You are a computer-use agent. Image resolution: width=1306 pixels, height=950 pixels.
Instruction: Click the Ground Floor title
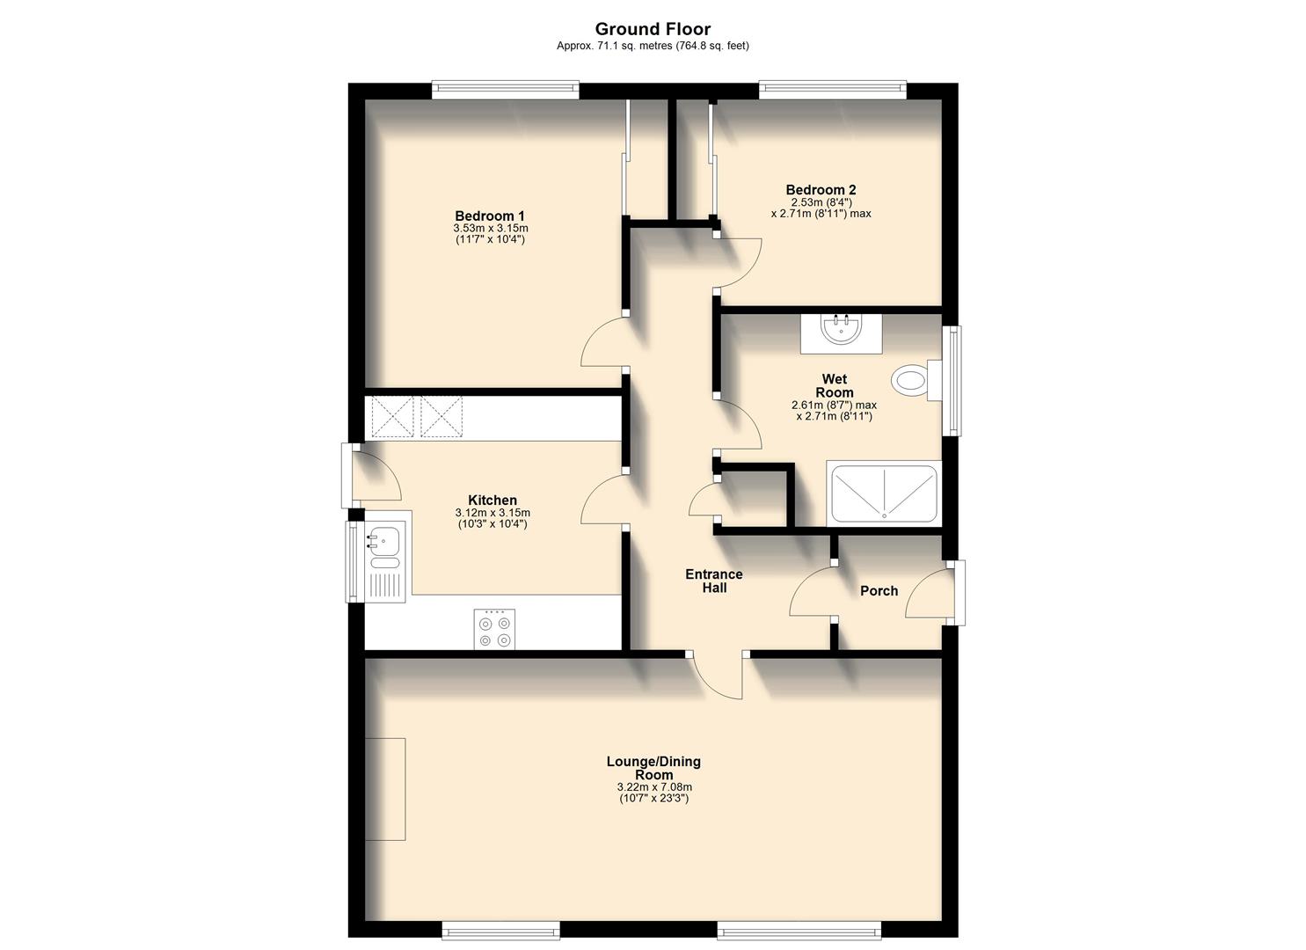(653, 29)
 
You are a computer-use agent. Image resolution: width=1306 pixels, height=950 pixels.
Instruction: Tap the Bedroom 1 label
(490, 216)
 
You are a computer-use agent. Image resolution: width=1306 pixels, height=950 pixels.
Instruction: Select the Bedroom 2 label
(821, 190)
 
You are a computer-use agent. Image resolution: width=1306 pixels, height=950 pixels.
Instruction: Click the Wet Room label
(834, 386)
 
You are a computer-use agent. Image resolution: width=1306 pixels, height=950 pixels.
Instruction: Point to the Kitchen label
(492, 501)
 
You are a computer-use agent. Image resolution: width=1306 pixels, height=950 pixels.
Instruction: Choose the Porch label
(879, 591)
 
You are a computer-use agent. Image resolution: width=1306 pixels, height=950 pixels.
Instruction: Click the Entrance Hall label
(714, 581)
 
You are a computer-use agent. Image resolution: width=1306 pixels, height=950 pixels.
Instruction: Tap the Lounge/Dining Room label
(653, 768)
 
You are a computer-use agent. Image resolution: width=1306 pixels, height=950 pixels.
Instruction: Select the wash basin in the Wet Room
(841, 331)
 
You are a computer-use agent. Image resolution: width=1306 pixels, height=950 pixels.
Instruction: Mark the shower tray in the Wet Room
(884, 494)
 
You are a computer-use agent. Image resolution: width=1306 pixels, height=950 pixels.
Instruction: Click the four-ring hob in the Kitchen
(493, 630)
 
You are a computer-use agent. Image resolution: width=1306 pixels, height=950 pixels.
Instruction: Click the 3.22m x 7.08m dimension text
(654, 787)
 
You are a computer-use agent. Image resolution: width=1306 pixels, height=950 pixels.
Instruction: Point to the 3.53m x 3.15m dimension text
(490, 229)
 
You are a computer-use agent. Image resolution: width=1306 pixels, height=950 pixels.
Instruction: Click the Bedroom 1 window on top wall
(505, 90)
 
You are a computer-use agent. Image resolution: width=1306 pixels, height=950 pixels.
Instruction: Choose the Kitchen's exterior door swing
(378, 476)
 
